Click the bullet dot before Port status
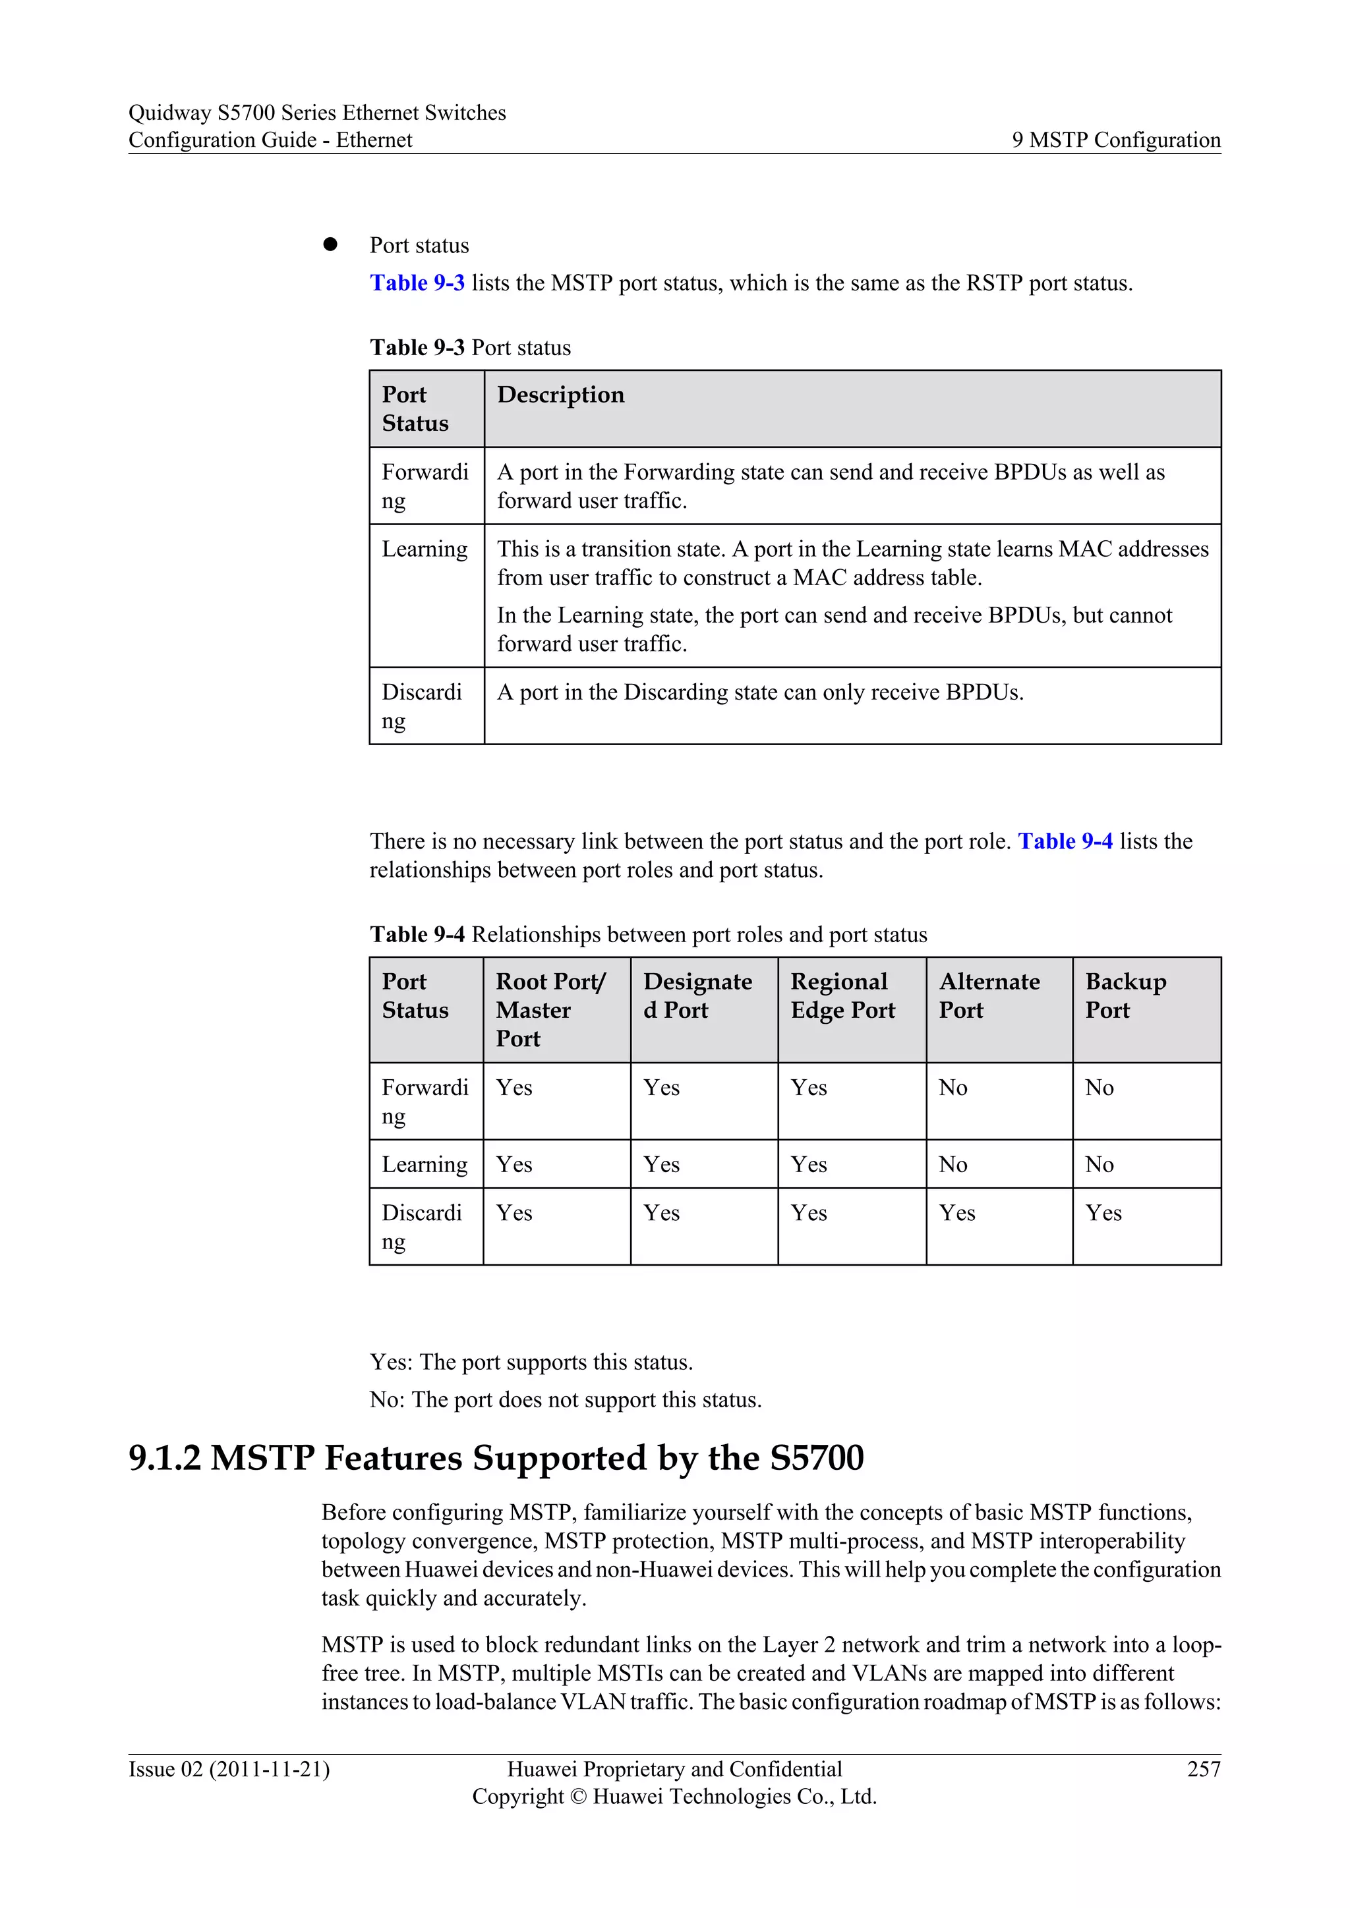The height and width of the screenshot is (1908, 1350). (330, 244)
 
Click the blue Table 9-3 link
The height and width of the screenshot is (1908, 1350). (417, 283)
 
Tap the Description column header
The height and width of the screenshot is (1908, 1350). (560, 395)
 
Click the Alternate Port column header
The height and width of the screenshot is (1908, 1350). (989, 996)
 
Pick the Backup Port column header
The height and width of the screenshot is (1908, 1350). (1126, 996)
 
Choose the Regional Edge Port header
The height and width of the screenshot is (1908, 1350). (842, 996)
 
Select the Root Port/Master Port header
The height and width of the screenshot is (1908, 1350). (550, 1010)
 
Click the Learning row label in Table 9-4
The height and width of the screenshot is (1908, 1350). (425, 1164)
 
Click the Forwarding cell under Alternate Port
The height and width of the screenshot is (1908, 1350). (953, 1088)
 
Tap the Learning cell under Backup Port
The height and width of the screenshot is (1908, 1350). (1099, 1164)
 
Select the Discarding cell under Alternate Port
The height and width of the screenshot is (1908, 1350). (957, 1214)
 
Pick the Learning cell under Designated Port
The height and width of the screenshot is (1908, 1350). (661, 1164)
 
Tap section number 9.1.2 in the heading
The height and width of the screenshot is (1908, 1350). (165, 1459)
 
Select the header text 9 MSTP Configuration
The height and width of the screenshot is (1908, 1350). (1115, 140)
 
